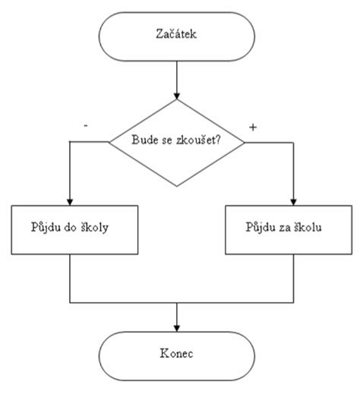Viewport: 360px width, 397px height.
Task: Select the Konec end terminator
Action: click(x=177, y=354)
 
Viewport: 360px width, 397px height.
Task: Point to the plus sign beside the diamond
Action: click(x=253, y=127)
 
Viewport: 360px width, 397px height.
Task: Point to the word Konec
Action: click(x=177, y=354)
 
